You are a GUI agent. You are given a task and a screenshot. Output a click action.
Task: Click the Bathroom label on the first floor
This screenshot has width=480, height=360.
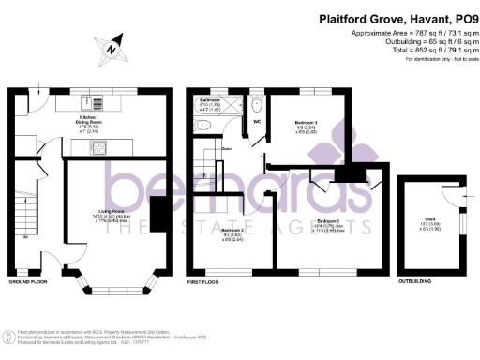click(209, 101)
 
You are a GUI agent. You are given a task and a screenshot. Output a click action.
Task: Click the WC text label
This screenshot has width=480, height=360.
click(256, 120)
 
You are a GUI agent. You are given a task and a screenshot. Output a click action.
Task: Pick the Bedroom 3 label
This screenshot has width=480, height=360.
click(307, 125)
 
